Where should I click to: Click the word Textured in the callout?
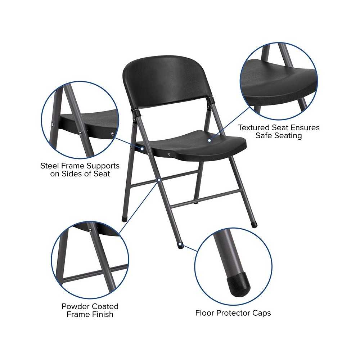coord(254,127)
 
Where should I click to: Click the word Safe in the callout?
coord(265,135)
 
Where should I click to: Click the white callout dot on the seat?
coord(210,140)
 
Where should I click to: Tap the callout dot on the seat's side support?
coord(142,149)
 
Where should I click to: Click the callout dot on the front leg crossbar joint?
coord(159,180)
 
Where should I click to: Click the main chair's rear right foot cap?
coord(254,225)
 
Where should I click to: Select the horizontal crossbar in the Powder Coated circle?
coord(95,273)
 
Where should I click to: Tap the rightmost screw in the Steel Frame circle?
coord(112,134)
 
